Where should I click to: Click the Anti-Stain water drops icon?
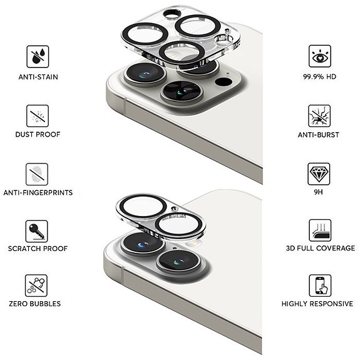tap(37, 56)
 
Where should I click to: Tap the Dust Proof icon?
tap(37, 115)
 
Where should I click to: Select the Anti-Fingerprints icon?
tap(37, 173)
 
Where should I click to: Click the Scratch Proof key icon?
tap(37, 230)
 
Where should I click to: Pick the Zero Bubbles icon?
tap(37, 285)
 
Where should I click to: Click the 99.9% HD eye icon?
tap(320, 56)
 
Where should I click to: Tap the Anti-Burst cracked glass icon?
tap(320, 115)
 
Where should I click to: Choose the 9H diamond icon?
tap(320, 173)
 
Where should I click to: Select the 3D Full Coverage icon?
tap(320, 230)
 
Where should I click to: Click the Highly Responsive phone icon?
tap(320, 285)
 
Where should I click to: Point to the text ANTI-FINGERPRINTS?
tap(38, 193)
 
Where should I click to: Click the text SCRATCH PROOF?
tap(38, 249)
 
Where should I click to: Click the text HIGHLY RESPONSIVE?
tap(317, 304)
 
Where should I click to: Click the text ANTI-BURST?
tap(319, 135)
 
